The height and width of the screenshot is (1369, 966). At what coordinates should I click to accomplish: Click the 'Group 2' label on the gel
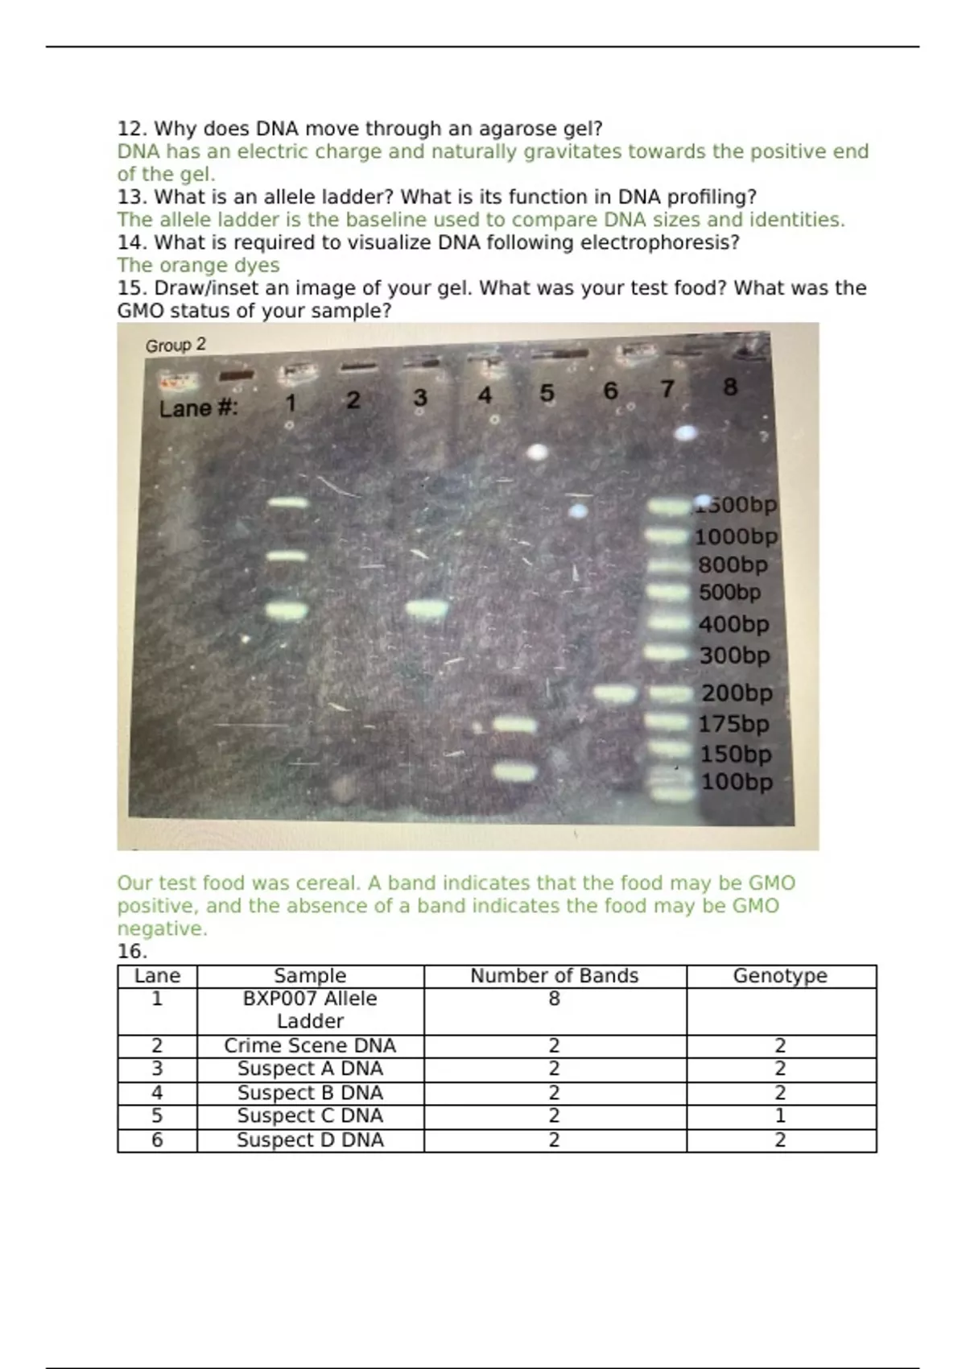coord(175,345)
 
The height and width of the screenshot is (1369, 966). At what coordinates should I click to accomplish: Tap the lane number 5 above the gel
coord(547,393)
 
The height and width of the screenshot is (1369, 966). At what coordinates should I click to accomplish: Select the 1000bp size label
coord(737,536)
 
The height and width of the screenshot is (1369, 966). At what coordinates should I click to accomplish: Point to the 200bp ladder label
coord(737,693)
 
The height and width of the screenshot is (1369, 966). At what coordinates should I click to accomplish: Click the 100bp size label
coord(737,782)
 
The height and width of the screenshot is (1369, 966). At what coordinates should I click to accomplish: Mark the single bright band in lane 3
coord(427,609)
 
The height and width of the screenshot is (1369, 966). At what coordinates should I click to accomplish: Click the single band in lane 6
coord(615,693)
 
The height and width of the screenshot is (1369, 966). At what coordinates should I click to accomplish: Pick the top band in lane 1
coord(287,503)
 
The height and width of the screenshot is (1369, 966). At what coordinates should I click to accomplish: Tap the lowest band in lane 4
coord(514,772)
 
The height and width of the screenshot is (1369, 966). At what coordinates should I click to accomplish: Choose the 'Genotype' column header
coord(780,976)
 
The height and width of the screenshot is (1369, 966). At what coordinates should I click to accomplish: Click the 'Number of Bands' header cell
coord(554,976)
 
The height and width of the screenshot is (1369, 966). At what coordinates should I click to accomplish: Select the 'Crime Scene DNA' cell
coord(310,1046)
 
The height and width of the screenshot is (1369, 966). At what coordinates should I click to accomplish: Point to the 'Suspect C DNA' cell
coord(310,1116)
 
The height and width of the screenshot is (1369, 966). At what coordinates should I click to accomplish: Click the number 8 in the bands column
coord(554,999)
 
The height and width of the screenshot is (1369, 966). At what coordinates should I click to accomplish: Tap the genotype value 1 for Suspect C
coord(780,1116)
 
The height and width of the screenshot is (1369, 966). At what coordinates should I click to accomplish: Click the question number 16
coord(133,952)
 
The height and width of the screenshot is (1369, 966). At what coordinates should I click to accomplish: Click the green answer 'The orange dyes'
coord(199,265)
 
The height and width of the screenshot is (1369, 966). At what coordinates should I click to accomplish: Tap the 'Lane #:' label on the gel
coord(199,408)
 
